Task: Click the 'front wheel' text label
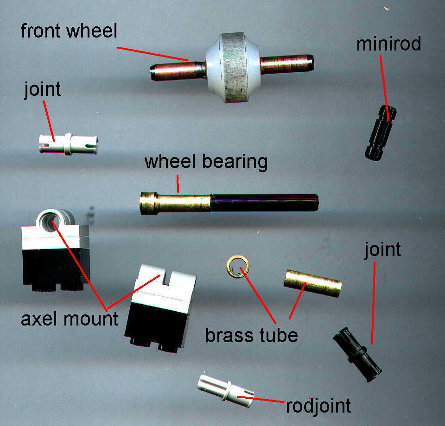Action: click(70, 32)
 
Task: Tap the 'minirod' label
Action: click(388, 44)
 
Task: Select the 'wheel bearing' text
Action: click(206, 163)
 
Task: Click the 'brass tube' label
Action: click(252, 334)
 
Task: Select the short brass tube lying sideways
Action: click(312, 283)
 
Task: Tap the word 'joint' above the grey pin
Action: click(42, 89)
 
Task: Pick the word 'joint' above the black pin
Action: click(382, 250)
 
